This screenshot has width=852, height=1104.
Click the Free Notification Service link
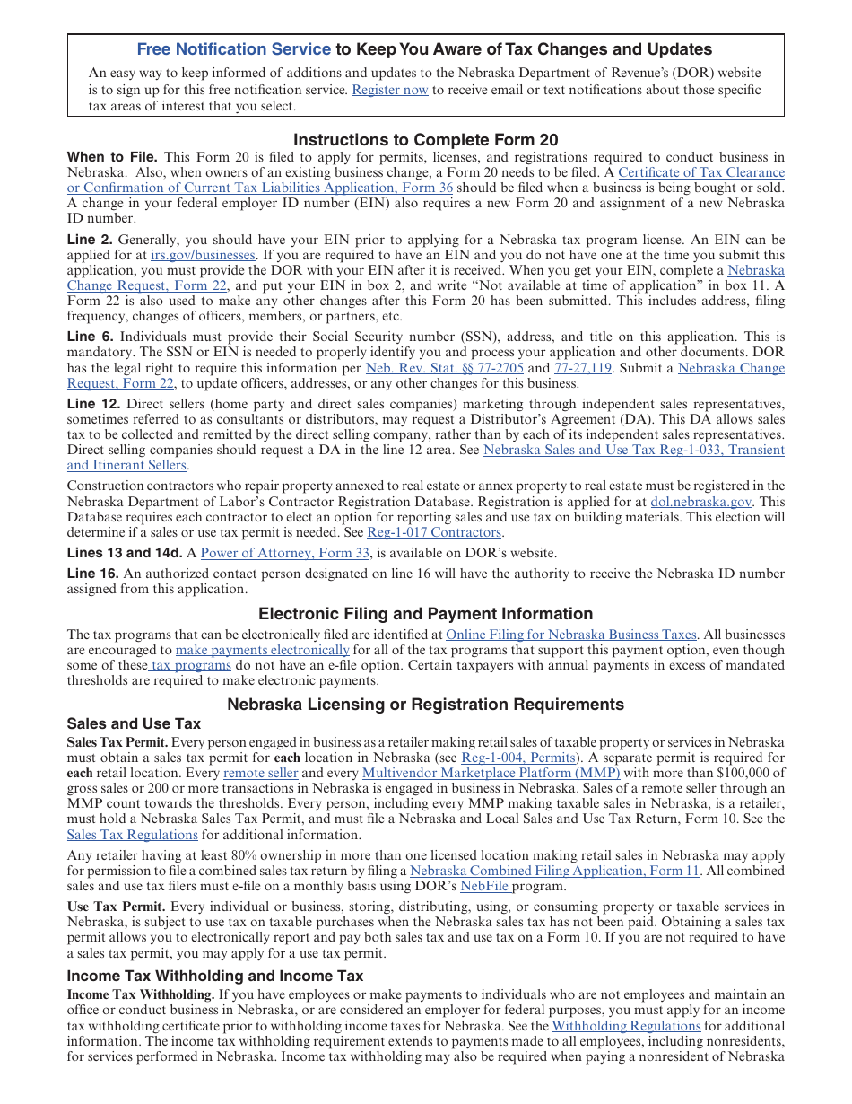(x=233, y=49)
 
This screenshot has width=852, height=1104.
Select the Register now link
(x=389, y=90)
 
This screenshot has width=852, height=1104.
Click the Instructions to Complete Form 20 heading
(x=425, y=140)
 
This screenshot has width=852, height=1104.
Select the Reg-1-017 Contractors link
(x=434, y=532)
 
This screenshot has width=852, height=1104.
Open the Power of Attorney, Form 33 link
(x=284, y=553)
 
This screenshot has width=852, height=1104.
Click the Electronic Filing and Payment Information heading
(x=425, y=614)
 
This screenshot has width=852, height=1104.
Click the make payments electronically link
(x=262, y=650)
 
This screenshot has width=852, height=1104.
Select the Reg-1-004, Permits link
(x=518, y=758)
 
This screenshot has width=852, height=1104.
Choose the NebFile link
(x=484, y=886)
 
